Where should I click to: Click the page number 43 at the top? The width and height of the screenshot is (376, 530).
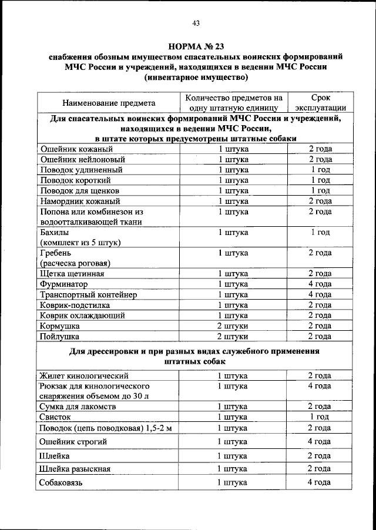point(196,23)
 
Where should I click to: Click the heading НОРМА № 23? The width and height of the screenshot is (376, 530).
point(196,46)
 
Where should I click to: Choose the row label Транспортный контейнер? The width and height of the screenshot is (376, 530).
point(88,294)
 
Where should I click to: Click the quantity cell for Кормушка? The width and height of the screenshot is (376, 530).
point(233,326)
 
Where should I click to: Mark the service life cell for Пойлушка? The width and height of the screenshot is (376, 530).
point(320,337)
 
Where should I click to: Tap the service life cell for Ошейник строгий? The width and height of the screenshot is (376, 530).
point(320,441)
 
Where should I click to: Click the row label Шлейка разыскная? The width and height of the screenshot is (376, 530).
point(75,469)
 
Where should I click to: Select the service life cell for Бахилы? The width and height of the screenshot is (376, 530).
point(320,233)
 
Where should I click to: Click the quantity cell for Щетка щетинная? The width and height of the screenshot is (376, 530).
point(233,273)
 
